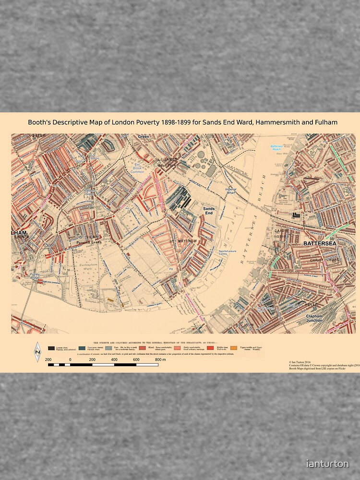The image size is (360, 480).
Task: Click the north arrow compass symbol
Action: [37, 352]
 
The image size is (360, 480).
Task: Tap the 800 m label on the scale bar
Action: [160, 360]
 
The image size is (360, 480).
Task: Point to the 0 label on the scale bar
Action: [70, 360]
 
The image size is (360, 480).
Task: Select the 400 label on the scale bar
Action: [114, 360]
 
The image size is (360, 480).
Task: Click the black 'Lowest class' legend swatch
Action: [51, 348]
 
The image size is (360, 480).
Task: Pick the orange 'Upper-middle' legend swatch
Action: [234, 348]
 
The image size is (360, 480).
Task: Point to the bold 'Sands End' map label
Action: [209, 211]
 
